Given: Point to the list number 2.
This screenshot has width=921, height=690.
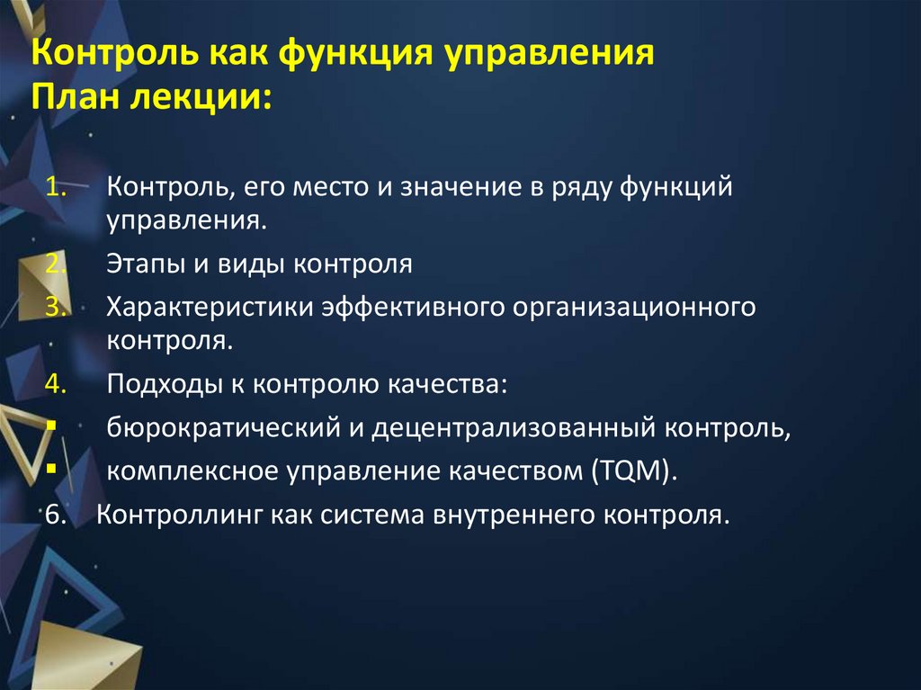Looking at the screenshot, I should pos(57,264).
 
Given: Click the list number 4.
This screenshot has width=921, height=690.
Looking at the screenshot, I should pos(57,384).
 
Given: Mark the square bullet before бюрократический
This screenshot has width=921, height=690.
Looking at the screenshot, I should pos(50,424).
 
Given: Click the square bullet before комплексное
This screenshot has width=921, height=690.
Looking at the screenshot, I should pos(50,468).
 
